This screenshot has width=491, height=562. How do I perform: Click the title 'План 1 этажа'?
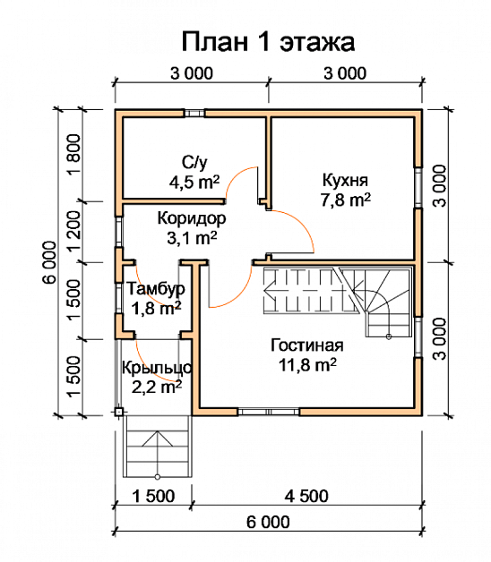[268, 41]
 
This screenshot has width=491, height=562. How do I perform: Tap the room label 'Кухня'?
[345, 179]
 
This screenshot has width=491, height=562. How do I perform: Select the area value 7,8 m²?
[345, 199]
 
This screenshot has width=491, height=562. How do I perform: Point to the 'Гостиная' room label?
[306, 345]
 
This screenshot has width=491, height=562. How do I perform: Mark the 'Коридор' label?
[192, 218]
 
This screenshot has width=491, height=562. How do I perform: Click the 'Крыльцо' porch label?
[157, 368]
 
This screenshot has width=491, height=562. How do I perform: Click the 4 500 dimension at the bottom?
[306, 497]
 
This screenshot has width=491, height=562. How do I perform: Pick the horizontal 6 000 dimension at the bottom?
[268, 523]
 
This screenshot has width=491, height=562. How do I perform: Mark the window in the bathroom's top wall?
[194, 113]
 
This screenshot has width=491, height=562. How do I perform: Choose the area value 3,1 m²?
[192, 238]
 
